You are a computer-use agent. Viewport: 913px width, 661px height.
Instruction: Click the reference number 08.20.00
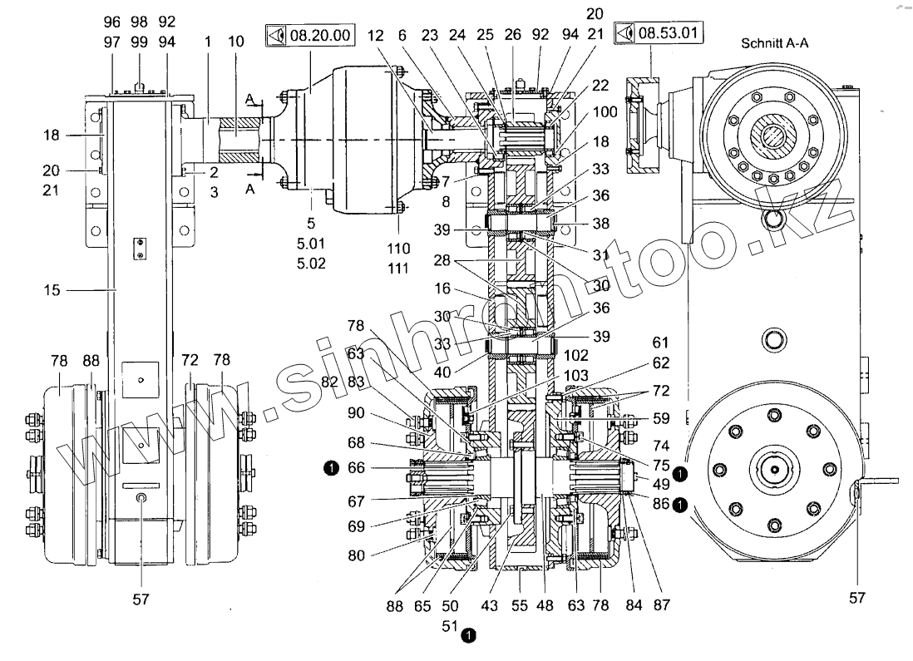pyautogui.click(x=320, y=36)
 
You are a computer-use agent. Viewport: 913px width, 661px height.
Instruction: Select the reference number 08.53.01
pyautogui.click(x=668, y=32)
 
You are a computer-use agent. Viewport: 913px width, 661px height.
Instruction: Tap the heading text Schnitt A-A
pyautogui.click(x=774, y=43)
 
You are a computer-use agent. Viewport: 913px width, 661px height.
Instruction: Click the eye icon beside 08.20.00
pyautogui.click(x=277, y=36)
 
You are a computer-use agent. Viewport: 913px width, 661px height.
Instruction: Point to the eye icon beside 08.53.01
pyautogui.click(x=624, y=32)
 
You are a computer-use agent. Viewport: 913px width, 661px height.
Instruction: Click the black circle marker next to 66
pyautogui.click(x=331, y=467)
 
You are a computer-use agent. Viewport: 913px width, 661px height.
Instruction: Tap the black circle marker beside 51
pyautogui.click(x=468, y=634)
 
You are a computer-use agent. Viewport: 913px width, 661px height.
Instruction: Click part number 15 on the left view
pyautogui.click(x=52, y=290)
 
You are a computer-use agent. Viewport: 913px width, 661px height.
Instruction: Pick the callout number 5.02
pyautogui.click(x=311, y=264)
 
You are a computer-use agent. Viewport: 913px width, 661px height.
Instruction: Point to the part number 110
pyautogui.click(x=398, y=249)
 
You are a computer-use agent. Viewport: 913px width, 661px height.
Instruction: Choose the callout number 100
pyautogui.click(x=605, y=111)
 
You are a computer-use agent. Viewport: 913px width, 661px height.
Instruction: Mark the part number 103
pyautogui.click(x=576, y=376)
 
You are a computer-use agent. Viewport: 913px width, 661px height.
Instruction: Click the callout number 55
pyautogui.click(x=520, y=605)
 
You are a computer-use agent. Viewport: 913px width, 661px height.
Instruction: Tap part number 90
pyautogui.click(x=356, y=413)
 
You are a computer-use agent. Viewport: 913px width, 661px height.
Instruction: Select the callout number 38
pyautogui.click(x=601, y=224)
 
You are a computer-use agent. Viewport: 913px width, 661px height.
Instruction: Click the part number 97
pyautogui.click(x=111, y=42)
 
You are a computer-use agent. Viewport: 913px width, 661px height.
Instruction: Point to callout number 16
pyautogui.click(x=442, y=289)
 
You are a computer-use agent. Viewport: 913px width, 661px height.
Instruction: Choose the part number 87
pyautogui.click(x=661, y=605)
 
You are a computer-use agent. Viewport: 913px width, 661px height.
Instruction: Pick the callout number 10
pyautogui.click(x=236, y=42)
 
